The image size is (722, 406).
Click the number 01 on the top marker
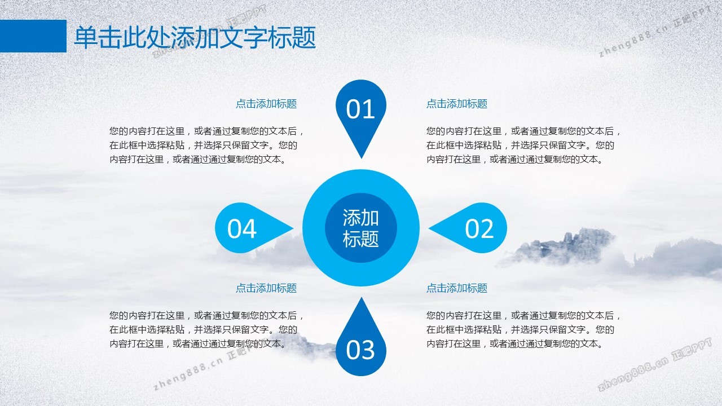[360, 109]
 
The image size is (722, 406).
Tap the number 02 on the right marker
[479, 228]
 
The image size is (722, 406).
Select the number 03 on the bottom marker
[360, 350]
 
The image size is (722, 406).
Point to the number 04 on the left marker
[242, 228]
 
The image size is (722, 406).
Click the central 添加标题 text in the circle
[360, 228]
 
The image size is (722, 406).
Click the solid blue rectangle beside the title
[33, 36]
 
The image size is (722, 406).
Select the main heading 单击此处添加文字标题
[195, 38]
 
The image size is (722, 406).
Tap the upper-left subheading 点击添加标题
[266, 104]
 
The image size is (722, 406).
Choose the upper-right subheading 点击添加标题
[457, 104]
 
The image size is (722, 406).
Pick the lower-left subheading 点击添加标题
[266, 288]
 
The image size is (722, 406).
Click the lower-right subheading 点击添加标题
[457, 288]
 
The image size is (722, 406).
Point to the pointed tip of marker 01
[362, 158]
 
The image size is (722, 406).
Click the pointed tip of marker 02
[429, 228]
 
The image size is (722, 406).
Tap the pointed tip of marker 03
[362, 297]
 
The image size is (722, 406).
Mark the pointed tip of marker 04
[293, 228]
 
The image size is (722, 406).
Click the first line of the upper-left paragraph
[206, 131]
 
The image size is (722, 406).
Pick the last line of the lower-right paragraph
[515, 344]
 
